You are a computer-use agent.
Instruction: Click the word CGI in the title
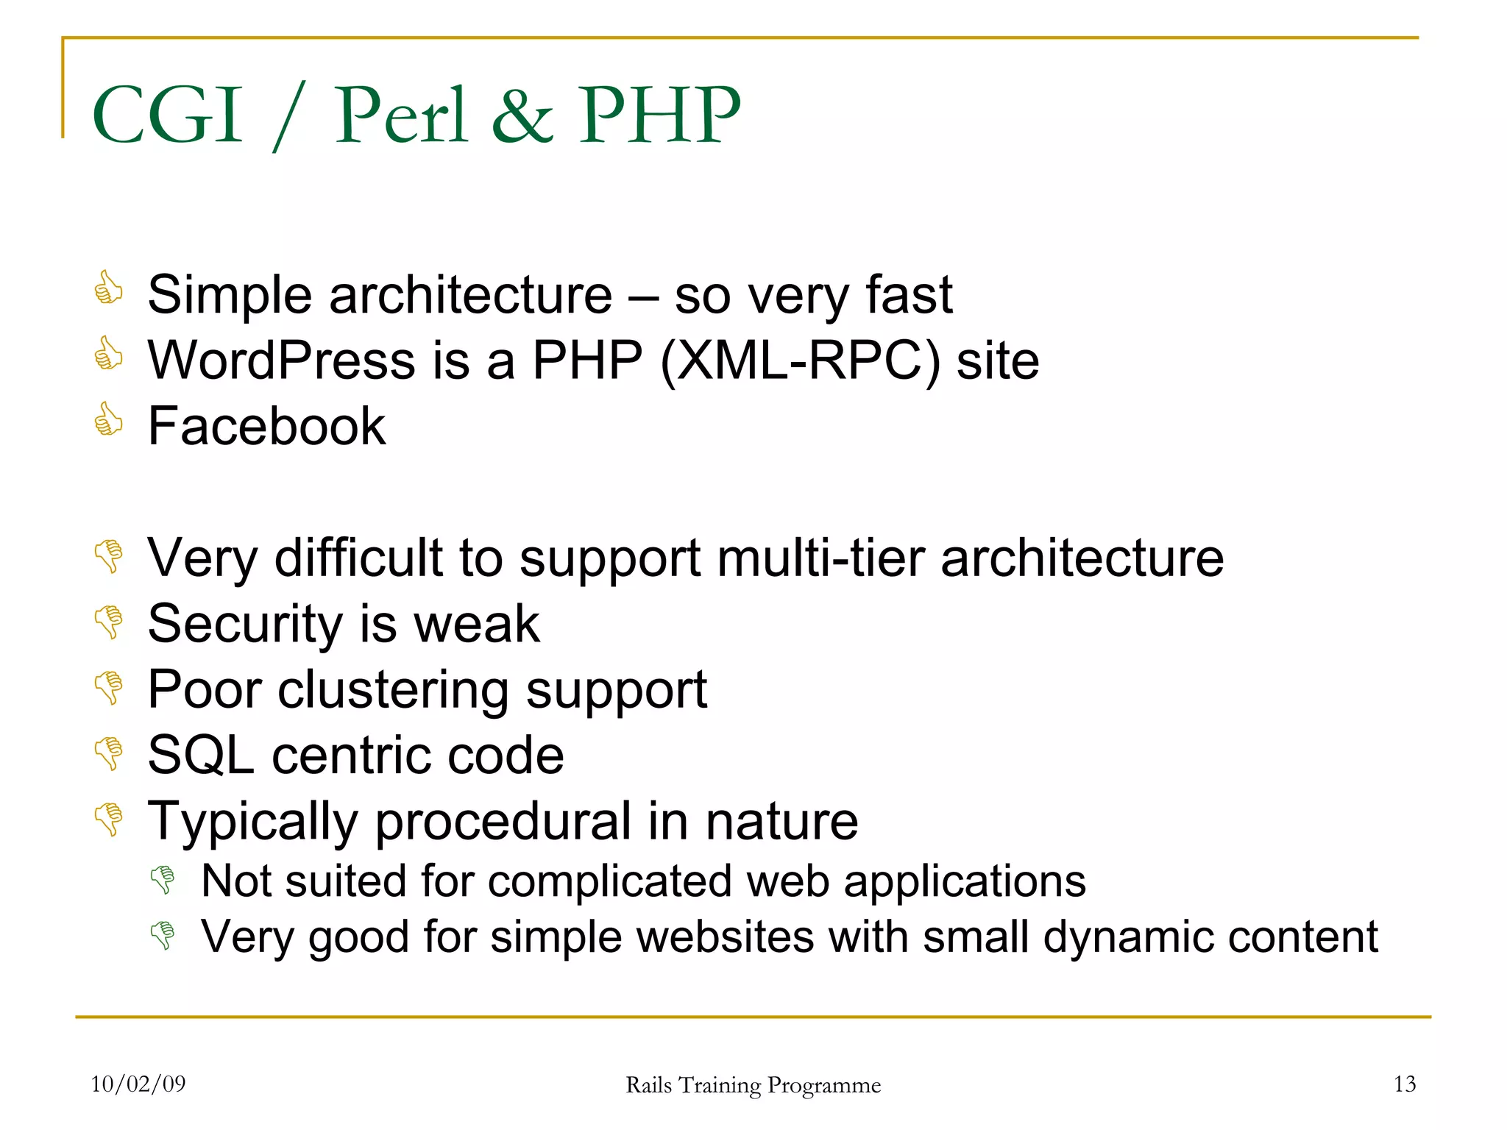tap(168, 115)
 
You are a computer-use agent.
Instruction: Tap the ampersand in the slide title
tap(522, 116)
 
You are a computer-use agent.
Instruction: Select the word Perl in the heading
tap(401, 115)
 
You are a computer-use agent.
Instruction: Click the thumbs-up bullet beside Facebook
tap(109, 419)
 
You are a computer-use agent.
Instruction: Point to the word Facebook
tap(266, 426)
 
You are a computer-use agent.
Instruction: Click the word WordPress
tap(282, 360)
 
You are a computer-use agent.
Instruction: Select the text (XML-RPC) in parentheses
tap(800, 360)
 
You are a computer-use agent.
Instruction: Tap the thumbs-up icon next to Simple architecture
tap(109, 288)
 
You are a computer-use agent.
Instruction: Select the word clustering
tap(393, 690)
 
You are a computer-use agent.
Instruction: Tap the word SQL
tap(201, 756)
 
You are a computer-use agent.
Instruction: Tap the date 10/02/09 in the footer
tap(138, 1084)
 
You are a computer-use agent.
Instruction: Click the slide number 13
tap(1404, 1084)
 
